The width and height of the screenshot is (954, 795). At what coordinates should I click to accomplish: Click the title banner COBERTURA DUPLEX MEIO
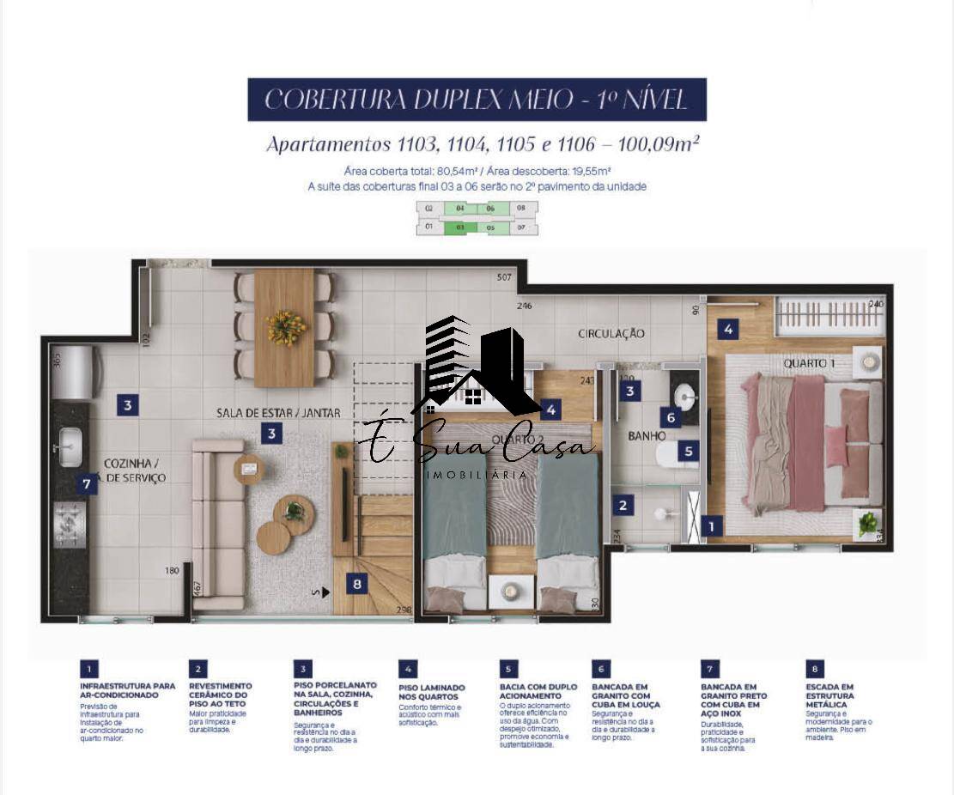coord(477,100)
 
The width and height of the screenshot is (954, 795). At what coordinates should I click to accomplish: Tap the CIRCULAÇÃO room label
coord(611,333)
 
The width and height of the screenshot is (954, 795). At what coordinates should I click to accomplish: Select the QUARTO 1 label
coord(809,363)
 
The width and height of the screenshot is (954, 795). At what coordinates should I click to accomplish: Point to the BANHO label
coord(647,436)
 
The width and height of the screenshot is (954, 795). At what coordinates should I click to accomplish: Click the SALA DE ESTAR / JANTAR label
coord(278,413)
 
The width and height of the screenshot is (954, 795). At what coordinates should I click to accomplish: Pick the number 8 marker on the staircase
coord(357,585)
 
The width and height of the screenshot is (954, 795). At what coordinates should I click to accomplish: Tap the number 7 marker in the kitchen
coord(85,484)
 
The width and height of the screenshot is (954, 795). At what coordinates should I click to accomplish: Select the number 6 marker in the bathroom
coord(671,418)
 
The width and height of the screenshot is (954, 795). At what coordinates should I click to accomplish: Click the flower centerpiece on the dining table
coord(286,327)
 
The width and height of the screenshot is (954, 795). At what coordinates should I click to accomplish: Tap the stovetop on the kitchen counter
coord(70,523)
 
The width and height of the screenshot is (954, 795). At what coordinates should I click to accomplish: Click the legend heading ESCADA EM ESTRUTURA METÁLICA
coord(829,695)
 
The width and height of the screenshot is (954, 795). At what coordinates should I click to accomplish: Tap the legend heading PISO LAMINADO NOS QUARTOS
coord(432,692)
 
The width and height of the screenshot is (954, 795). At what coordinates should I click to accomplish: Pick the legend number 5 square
coord(508,669)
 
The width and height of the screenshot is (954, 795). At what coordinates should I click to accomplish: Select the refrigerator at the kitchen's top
coord(73,372)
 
